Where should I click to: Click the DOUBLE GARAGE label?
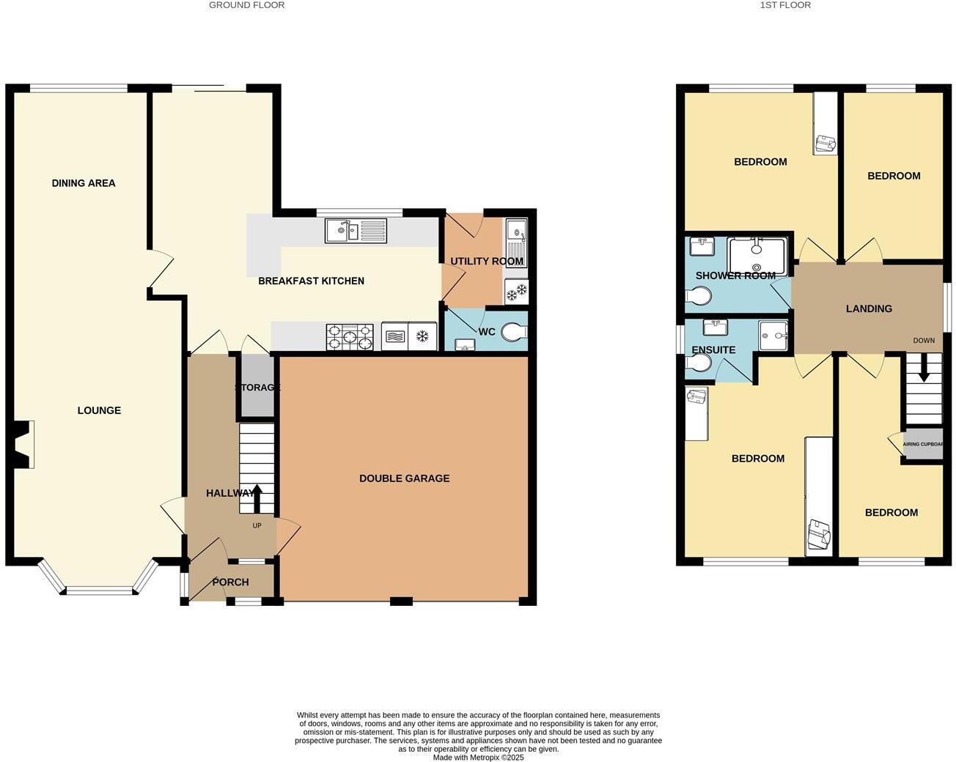[x=404, y=478]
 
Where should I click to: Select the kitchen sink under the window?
[x=356, y=232]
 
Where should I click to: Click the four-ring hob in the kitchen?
[x=350, y=337]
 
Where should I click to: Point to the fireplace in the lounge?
[x=24, y=443]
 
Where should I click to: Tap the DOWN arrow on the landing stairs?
[x=924, y=368]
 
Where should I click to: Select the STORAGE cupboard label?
[x=257, y=388]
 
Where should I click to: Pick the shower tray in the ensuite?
[x=773, y=336]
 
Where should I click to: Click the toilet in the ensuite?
[x=698, y=362]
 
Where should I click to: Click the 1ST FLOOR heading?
[x=785, y=5]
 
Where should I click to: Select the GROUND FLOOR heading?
[x=246, y=5]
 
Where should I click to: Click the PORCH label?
[x=230, y=582]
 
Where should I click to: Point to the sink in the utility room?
[x=515, y=241]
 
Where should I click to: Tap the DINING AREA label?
[x=84, y=183]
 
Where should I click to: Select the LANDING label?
[x=869, y=308]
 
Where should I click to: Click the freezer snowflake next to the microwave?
[x=422, y=337]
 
